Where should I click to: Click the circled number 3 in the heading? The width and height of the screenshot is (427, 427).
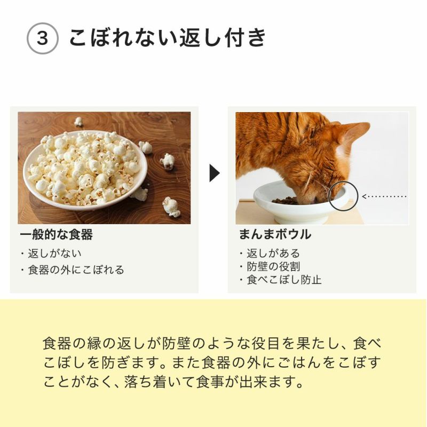click(x=42, y=39)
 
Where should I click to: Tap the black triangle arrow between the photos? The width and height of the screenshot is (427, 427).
click(x=214, y=172)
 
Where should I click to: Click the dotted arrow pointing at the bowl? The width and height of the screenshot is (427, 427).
click(x=384, y=196)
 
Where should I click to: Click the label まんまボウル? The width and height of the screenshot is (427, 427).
click(x=275, y=235)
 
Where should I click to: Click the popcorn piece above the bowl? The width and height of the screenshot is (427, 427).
click(x=78, y=121)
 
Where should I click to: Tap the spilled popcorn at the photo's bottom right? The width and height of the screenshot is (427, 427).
click(x=171, y=207)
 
